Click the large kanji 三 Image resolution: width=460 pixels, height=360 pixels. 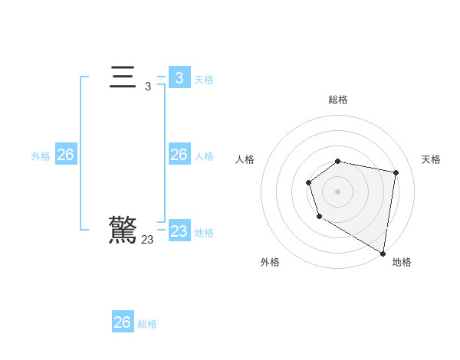point(123,78)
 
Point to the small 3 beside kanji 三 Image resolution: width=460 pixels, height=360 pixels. point(148,87)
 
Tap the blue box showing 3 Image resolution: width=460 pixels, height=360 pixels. point(179,77)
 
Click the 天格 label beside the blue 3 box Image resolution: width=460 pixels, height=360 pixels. point(204,79)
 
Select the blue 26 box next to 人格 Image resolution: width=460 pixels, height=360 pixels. point(179,155)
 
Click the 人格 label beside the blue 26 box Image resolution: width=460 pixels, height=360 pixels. point(204,156)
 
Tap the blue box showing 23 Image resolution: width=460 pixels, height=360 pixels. point(179,231)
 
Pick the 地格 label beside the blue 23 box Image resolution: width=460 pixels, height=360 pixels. point(204,233)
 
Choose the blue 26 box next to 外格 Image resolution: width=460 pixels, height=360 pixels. point(65,155)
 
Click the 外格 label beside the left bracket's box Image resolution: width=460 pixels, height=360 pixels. point(41,156)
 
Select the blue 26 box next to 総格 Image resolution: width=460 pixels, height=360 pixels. point(123,322)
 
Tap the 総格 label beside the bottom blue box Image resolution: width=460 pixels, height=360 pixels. point(147,324)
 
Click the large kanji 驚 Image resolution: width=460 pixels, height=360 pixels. point(123,230)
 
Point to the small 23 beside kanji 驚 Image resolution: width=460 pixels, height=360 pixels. point(147,240)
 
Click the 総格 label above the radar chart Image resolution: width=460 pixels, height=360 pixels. point(338,100)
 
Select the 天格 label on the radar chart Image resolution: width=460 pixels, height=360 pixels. point(431,159)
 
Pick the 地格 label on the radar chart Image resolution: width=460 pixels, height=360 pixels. point(402,262)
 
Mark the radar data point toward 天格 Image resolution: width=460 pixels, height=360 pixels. point(396,172)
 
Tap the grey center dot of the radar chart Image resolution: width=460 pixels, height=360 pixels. point(338,191)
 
